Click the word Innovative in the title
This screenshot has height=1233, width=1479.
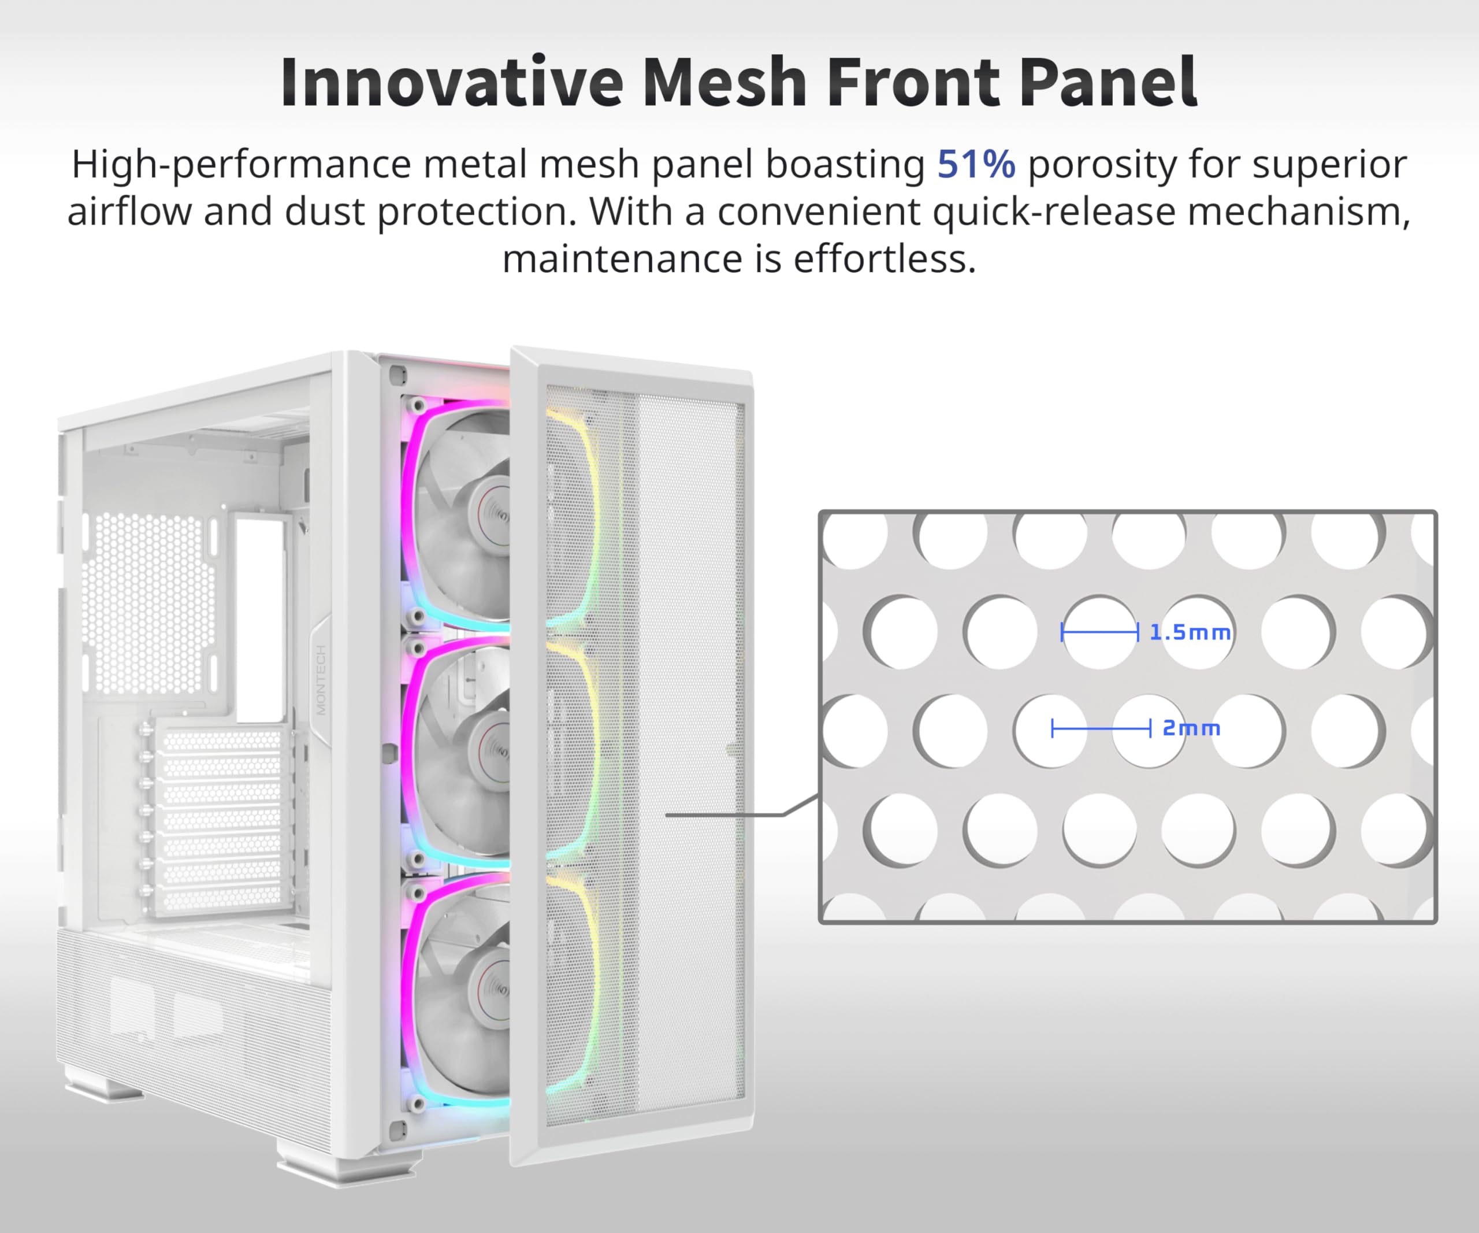[x=451, y=83]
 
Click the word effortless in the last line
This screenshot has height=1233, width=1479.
[x=885, y=260]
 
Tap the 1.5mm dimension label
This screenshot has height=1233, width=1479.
[x=1190, y=632]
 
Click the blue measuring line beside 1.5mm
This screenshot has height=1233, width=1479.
[x=1099, y=632]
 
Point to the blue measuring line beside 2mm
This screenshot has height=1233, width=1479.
[x=1101, y=728]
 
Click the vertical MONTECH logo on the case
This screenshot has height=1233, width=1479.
[x=321, y=680]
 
